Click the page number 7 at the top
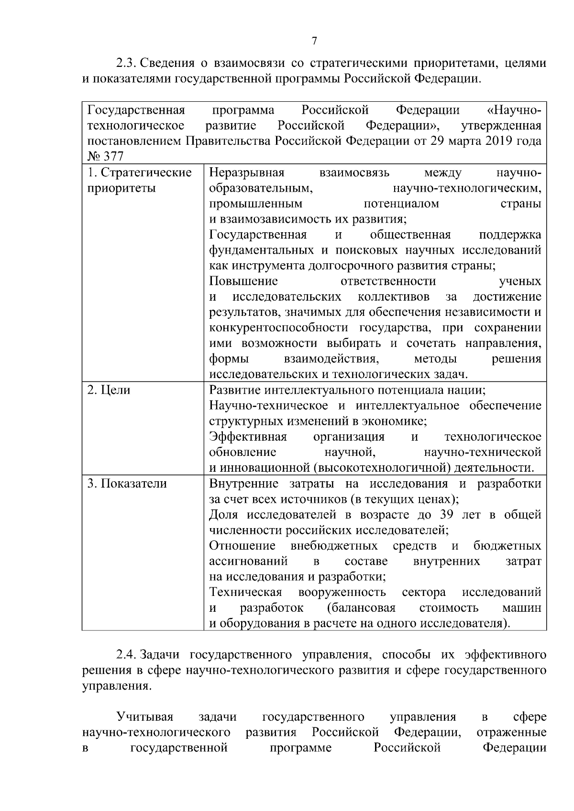tap(314, 41)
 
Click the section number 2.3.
tap(127, 63)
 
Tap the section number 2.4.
tap(127, 654)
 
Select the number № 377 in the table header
tap(105, 157)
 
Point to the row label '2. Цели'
tap(109, 390)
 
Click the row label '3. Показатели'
tap(127, 484)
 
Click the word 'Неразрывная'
tap(247, 173)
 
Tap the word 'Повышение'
tap(243, 281)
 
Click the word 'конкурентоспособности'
tap(279, 328)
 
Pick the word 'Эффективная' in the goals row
tap(248, 437)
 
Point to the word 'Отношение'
tap(243, 546)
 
